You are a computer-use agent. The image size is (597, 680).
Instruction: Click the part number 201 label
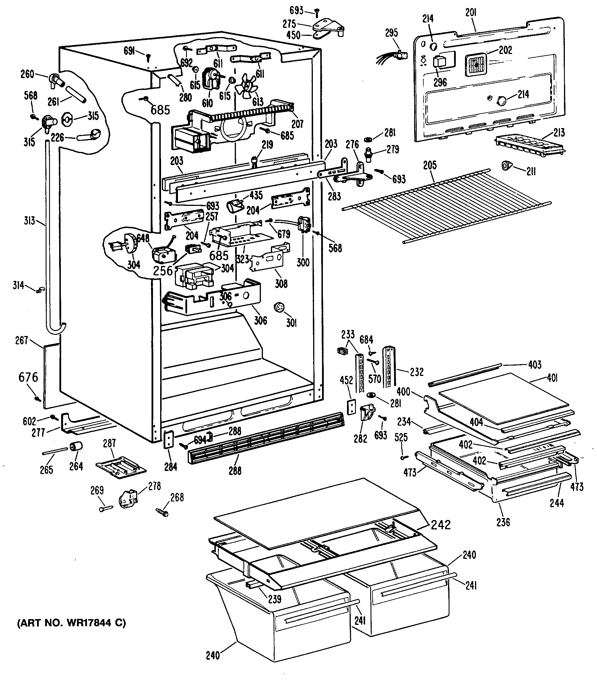pyautogui.click(x=471, y=13)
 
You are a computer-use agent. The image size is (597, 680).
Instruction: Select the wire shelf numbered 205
pyautogui.click(x=446, y=206)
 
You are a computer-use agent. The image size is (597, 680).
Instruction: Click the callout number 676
pyautogui.click(x=28, y=377)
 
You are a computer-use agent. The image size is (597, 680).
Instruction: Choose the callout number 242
pyautogui.click(x=441, y=525)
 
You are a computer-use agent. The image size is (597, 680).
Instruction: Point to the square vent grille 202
pyautogui.click(x=476, y=65)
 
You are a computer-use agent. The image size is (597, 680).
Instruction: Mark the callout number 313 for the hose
pyautogui.click(x=29, y=221)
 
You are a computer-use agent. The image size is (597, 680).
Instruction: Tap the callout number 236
pyautogui.click(x=503, y=522)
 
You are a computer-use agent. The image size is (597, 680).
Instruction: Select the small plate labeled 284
pyautogui.click(x=169, y=440)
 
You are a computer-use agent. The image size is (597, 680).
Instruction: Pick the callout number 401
pyautogui.click(x=552, y=378)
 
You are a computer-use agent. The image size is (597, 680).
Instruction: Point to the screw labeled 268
pyautogui.click(x=162, y=512)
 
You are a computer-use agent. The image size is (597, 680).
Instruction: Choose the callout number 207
pyautogui.click(x=297, y=124)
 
